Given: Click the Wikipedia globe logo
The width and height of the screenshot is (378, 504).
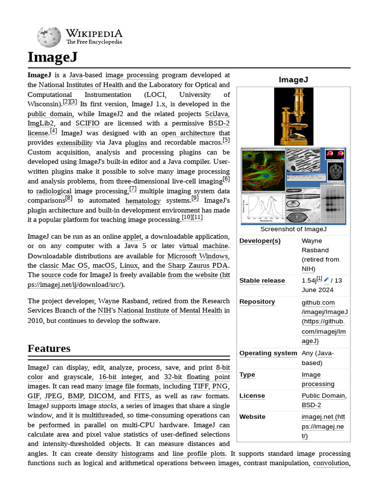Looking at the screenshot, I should click(x=49, y=36).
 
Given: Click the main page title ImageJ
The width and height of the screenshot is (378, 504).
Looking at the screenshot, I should click(x=53, y=57).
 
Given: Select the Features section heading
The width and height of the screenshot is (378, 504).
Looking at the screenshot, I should click(x=49, y=348).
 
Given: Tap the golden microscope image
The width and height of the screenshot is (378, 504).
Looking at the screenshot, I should click(x=293, y=117).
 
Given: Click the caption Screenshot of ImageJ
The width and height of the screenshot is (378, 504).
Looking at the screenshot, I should click(x=293, y=229).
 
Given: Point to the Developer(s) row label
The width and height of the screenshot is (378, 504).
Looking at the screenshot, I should click(x=260, y=241).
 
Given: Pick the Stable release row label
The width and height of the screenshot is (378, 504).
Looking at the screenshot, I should click(x=262, y=281).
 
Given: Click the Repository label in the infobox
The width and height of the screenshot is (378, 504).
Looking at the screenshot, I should click(x=257, y=302).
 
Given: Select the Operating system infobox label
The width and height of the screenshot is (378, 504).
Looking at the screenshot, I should click(x=268, y=353).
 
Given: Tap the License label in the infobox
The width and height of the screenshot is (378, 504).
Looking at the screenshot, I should click(x=252, y=396).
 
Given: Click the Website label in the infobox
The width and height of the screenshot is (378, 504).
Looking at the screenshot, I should click(x=252, y=417).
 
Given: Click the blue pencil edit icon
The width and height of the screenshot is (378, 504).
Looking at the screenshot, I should click(x=326, y=280).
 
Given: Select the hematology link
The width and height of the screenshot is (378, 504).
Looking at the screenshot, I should click(x=143, y=201).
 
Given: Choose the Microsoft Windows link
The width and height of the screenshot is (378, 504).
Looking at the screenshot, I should click(x=197, y=256).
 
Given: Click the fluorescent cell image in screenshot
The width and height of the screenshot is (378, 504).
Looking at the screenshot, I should click(x=263, y=170).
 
